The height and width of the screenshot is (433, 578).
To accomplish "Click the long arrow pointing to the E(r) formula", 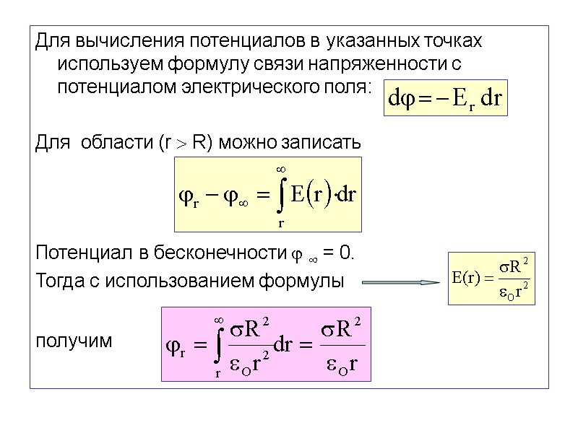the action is pos(401,282).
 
